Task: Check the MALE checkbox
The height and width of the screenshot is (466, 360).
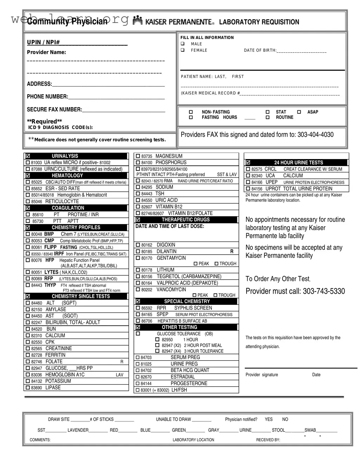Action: pos(183,44)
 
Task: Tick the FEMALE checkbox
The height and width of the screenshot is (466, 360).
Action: pos(183,50)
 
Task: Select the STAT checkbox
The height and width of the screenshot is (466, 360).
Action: pos(268,112)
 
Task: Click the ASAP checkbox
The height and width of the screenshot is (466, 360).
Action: pos(299,112)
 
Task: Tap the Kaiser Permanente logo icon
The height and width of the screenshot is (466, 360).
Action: pos(138,21)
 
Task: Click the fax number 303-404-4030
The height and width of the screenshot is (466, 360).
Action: pos(315,135)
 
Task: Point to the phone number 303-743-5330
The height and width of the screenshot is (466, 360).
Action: pos(324,291)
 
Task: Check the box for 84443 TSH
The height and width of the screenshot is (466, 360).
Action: pos(138,194)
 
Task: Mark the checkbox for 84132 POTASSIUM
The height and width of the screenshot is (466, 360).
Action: pos(28,381)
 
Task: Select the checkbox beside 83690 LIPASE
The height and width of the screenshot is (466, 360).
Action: pos(28,388)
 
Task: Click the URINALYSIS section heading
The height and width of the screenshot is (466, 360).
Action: pos(65,156)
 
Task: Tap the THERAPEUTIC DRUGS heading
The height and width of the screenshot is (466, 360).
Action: pos(185,220)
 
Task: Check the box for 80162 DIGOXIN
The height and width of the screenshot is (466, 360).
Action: pos(138,245)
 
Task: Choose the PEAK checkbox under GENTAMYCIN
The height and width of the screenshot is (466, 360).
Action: pos(196,264)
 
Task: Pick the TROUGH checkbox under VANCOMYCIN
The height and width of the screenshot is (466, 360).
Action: pos(215,295)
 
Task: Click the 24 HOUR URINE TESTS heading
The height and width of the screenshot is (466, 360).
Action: pos(299,163)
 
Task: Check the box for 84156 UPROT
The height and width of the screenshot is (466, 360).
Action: pos(248,189)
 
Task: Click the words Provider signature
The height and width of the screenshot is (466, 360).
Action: pos(262,375)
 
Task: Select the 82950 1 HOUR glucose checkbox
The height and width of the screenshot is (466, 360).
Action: pos(157,340)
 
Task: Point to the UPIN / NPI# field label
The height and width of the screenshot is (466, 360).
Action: pos(43,42)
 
